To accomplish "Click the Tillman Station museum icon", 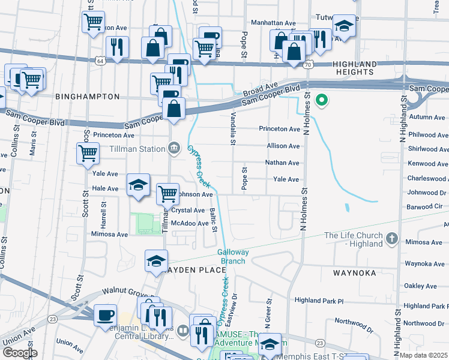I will pos(174,147).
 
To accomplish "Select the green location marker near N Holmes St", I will pos(322,100).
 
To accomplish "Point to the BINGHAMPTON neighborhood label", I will pos(87,96).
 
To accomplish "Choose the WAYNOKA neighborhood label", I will pos(354,273).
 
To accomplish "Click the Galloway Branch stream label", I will pos(231,257).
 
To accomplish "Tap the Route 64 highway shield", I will pos(100,61).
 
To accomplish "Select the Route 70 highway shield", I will pos(307,64).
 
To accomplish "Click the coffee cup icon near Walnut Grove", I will pos(106,314).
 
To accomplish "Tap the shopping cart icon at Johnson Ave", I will pos(167,194).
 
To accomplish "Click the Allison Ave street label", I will pos(283,146).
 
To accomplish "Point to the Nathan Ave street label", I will pos(282,163).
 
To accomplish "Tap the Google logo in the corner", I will pos(19,352).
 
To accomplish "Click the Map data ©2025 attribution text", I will pos(424,355).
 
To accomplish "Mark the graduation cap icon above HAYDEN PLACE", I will pos(156,260).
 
